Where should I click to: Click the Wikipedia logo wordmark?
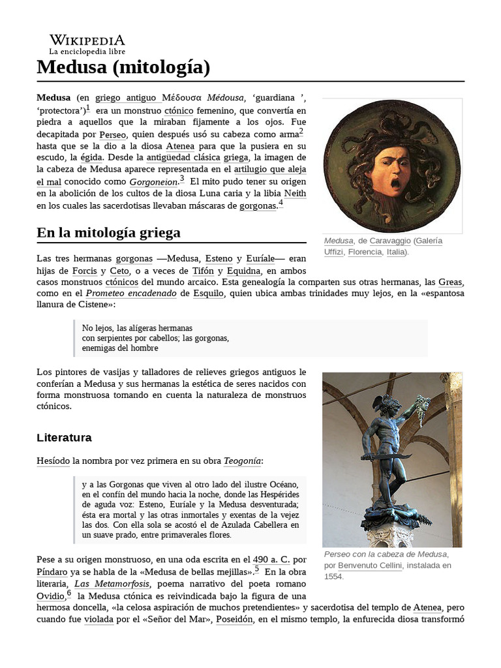pos(87,40)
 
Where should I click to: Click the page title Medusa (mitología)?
pos(123,67)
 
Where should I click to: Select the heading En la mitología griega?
pos(109,233)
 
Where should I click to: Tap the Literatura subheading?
pos(64,437)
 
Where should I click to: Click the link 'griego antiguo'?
pos(128,99)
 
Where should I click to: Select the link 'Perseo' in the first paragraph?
pos(113,134)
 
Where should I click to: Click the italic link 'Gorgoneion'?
pos(153,182)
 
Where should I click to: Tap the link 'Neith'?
pos(295,194)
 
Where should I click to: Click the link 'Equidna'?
pos(243,270)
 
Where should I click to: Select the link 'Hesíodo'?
pos(53,461)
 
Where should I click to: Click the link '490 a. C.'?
pos(269,560)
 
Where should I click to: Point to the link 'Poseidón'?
pos(235,618)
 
